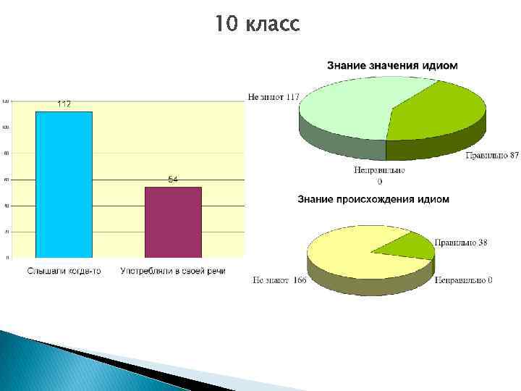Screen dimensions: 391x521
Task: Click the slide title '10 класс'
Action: (256, 25)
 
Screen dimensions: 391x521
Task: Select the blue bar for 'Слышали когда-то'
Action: (64, 184)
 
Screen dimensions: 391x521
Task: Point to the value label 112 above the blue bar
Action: (64, 104)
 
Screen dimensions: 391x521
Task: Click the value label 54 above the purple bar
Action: (173, 180)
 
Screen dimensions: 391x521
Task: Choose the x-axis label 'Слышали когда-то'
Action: (64, 271)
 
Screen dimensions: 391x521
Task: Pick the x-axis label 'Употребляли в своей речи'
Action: (173, 271)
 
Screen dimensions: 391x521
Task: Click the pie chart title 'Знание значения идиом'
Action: (392, 65)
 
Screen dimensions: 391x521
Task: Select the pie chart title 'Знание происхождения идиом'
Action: (373, 198)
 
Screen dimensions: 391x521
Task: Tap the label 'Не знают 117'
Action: (274, 96)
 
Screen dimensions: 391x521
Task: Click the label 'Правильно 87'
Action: (492, 155)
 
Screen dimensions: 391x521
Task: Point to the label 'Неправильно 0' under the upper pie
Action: (379, 175)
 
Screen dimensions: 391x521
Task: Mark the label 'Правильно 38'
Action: (461, 243)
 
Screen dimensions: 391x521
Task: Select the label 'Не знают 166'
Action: (279, 280)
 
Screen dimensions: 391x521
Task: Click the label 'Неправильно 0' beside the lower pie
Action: (463, 280)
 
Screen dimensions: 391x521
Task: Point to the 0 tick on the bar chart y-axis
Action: (8, 257)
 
